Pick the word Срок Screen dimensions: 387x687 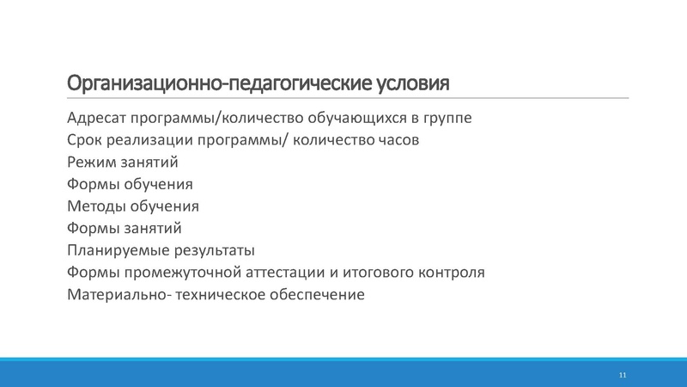84,139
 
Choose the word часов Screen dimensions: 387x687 397,139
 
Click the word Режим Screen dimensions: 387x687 91,162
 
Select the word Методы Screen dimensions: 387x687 94,206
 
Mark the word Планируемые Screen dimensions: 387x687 115,251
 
